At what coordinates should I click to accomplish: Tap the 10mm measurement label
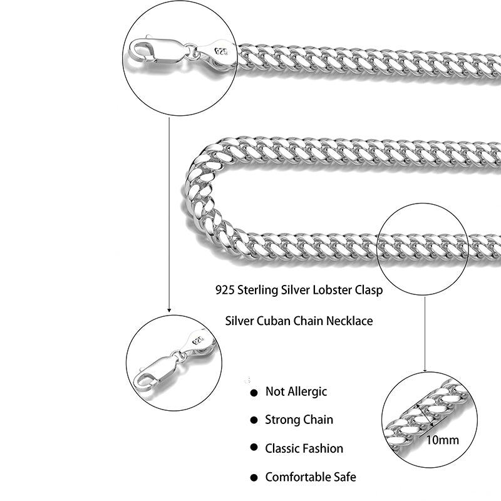443,440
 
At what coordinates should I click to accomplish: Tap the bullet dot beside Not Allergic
254,393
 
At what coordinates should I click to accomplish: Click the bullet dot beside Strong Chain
254,420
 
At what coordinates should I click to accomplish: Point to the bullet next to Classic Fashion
254,448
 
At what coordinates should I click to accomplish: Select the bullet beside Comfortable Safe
254,477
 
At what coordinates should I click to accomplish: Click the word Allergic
307,392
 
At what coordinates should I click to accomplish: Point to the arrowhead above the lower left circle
169,309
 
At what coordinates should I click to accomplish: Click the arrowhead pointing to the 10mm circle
425,369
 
